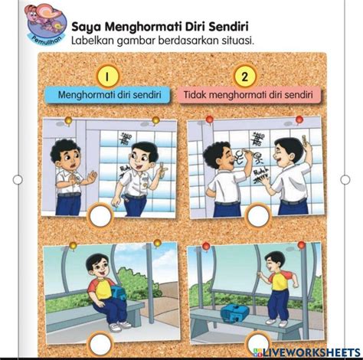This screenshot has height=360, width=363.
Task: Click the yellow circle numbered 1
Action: coord(108,76)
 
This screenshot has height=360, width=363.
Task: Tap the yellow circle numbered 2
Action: coord(245,76)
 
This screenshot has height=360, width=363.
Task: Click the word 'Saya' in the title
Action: coord(87,26)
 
